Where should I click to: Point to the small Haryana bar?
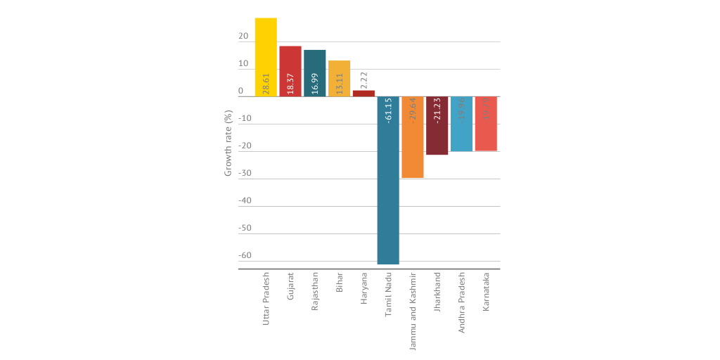(364, 94)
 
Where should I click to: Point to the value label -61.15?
(389, 112)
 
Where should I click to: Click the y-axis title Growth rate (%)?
(228, 143)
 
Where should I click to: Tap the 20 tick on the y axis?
(243, 37)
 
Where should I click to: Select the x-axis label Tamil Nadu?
(389, 294)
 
